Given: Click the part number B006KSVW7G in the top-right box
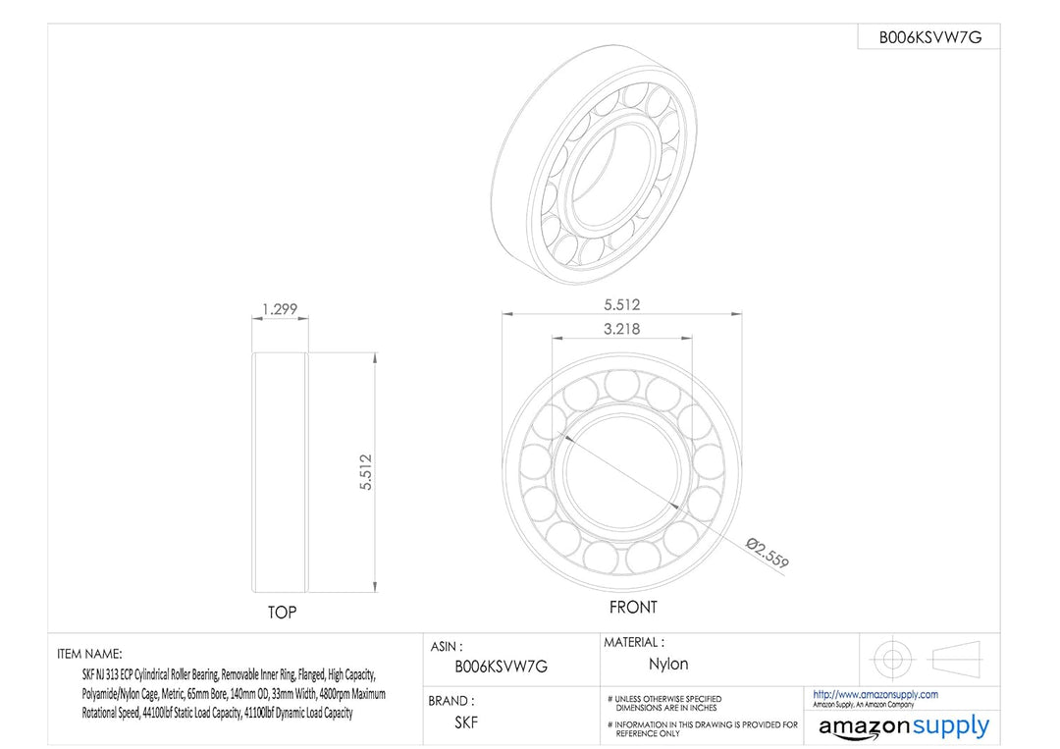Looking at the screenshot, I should (929, 37).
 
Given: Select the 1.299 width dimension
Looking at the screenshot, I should (280, 309).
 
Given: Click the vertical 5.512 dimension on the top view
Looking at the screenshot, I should (366, 473).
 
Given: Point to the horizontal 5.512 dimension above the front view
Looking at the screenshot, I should (620, 304).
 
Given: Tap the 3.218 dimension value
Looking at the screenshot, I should (620, 329).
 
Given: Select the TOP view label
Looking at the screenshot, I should (282, 613).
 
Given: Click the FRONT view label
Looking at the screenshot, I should (633, 608).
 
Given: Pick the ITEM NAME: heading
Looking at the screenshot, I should (89, 653).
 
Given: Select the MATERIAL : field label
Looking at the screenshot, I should (633, 642).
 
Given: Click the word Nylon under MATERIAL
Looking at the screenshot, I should (668, 665).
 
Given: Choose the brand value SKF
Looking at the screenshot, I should (466, 722).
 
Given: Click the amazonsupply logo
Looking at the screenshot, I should (904, 727).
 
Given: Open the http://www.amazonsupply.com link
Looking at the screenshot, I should (875, 694).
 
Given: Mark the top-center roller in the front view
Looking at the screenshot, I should (620, 384).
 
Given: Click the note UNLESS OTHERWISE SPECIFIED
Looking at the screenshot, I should (667, 699).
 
